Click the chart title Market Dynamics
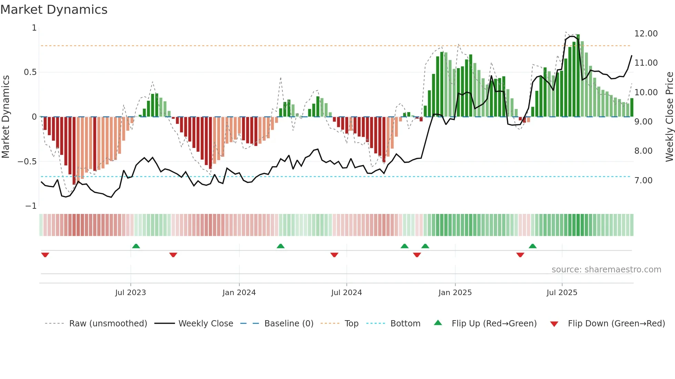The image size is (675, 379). tap(54, 10)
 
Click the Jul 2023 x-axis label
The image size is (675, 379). tap(131, 293)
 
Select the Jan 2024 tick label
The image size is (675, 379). tap(239, 293)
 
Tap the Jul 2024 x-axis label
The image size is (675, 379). tap(346, 293)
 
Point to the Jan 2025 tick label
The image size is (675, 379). tap(455, 293)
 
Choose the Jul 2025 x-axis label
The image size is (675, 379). tap(562, 293)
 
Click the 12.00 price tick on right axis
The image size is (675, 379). tap(646, 34)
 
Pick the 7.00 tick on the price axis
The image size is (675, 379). tap(643, 181)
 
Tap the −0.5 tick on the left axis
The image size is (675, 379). tap(27, 162)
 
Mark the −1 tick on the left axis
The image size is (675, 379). tap(31, 206)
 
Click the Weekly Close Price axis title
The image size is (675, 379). tap(669, 117)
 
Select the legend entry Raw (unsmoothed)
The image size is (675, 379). tap(108, 324)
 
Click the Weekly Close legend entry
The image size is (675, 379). tap(206, 324)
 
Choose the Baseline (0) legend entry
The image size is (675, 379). tap(289, 324)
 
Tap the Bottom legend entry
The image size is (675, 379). tap(405, 324)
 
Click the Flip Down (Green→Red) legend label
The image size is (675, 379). tap(616, 324)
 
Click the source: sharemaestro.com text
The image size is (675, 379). tap(606, 270)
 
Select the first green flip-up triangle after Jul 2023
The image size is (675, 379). tap(136, 246)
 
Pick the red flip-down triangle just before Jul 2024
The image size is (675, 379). tap(334, 255)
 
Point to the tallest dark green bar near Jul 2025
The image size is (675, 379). tap(578, 76)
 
